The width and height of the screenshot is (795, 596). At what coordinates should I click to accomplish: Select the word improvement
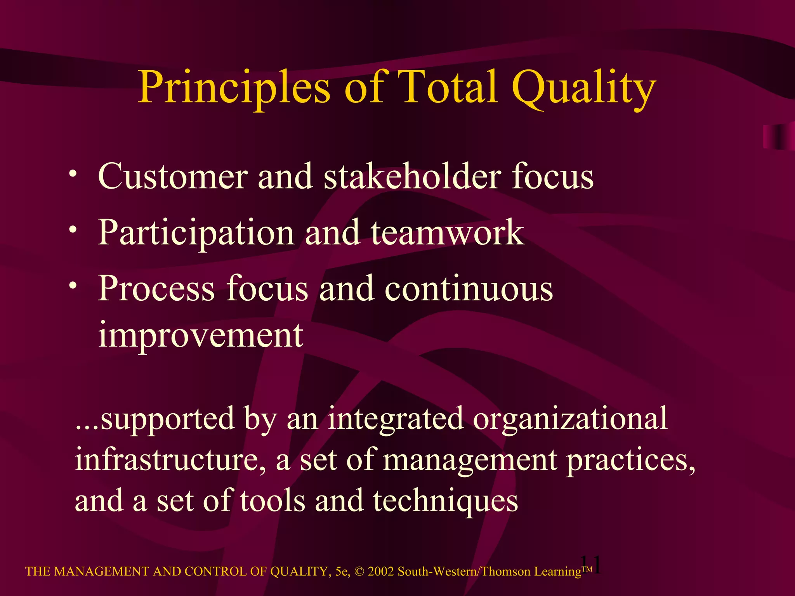(x=200, y=336)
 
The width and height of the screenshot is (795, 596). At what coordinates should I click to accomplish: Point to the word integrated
(x=396, y=419)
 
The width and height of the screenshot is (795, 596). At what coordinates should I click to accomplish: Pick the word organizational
(x=570, y=419)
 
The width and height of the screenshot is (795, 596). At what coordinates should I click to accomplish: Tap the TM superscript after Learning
(x=587, y=569)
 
